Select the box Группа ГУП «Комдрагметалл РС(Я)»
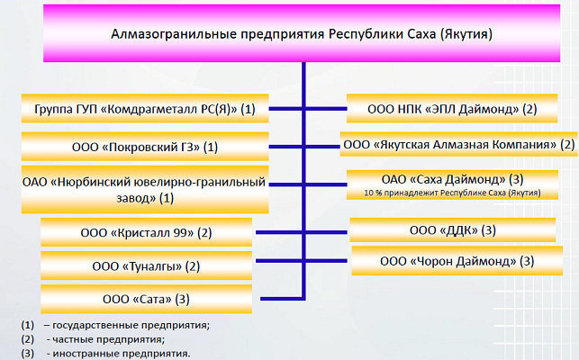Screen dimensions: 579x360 145,109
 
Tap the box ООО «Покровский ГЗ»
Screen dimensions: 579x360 145,147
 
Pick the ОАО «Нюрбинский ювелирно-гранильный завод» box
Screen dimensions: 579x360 145,190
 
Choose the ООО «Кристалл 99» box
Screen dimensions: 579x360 146,232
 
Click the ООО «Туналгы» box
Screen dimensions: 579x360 146,265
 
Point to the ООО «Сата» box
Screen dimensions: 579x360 146,299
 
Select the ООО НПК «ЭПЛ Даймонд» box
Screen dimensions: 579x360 452,109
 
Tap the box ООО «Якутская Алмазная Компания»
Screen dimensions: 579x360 459,144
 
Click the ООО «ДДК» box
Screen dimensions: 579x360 453,230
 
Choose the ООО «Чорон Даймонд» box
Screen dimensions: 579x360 457,261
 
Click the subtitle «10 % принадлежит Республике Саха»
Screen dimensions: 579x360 452,193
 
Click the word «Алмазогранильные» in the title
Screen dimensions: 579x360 174,34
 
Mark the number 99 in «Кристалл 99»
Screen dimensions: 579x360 184,233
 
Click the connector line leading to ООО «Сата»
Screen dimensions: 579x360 282,299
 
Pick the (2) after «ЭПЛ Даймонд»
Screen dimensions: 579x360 529,109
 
